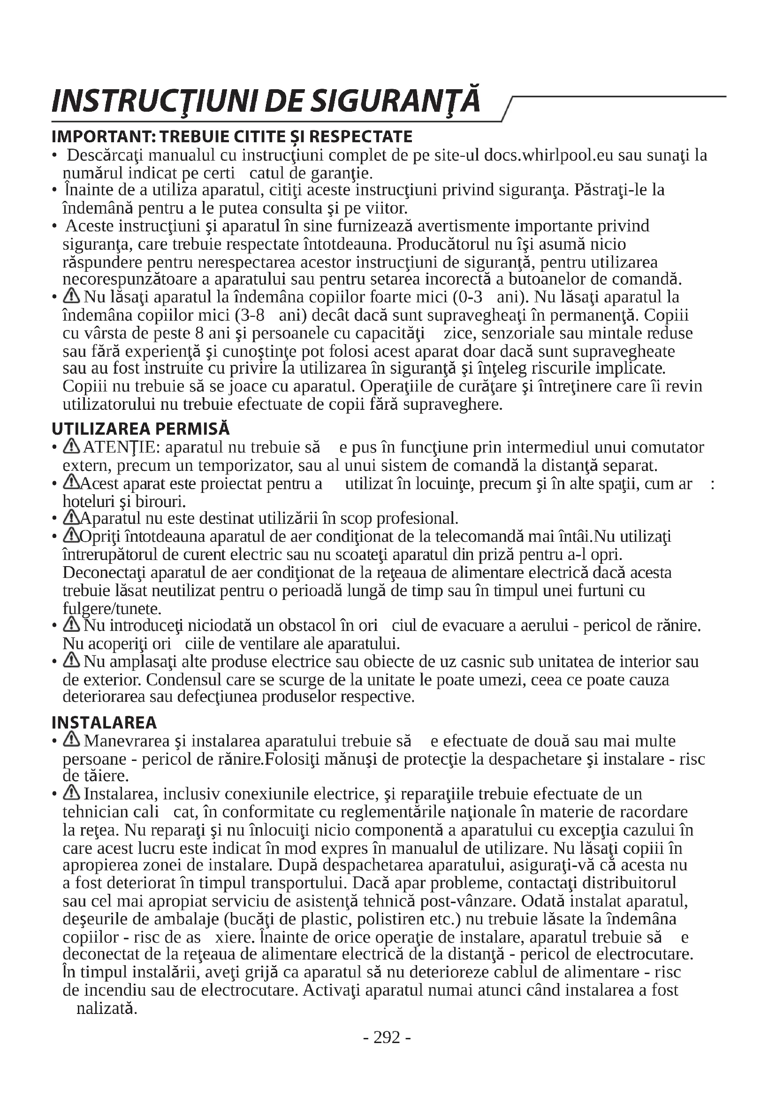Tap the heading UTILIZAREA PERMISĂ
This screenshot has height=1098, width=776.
click(140, 429)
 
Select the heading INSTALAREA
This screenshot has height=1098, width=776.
click(104, 722)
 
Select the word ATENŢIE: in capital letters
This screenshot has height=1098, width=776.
click(122, 448)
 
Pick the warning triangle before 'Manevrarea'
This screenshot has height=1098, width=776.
click(72, 740)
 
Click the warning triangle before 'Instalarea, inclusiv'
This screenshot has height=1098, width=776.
click(72, 793)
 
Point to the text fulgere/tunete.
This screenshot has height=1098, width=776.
click(112, 608)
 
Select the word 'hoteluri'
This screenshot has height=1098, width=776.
click(85, 501)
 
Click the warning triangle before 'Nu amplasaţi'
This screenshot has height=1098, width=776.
click(72, 661)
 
